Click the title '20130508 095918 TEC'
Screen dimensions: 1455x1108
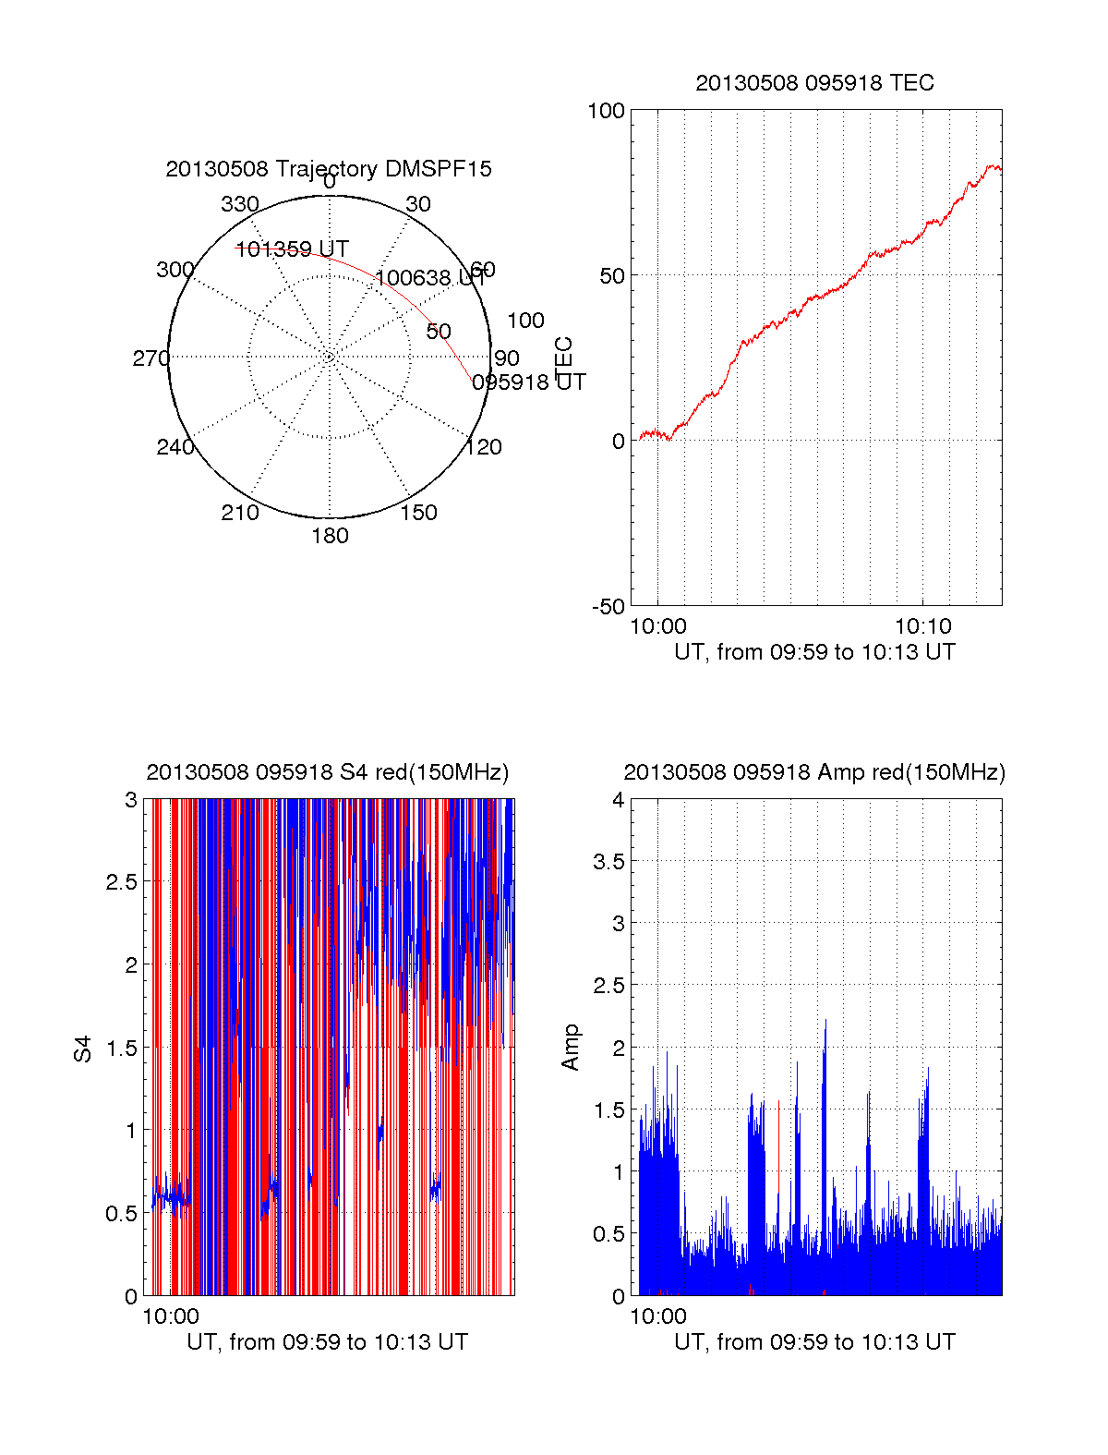click(x=814, y=83)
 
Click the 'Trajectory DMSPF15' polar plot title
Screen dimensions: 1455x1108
click(x=329, y=169)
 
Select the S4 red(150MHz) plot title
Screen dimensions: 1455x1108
click(x=328, y=772)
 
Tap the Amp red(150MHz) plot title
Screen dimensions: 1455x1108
click(x=814, y=772)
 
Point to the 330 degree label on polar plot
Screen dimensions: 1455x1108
click(x=240, y=204)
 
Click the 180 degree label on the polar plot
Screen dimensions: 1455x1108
click(x=330, y=536)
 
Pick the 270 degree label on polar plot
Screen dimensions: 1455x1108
click(x=151, y=358)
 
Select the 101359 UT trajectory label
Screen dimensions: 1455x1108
click(x=292, y=249)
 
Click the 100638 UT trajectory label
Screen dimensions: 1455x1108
click(x=430, y=278)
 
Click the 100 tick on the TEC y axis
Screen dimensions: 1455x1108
click(x=606, y=111)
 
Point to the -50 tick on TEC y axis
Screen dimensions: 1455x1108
click(x=608, y=607)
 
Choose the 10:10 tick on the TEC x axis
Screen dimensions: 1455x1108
click(x=922, y=626)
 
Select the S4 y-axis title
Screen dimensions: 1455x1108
click(x=83, y=1049)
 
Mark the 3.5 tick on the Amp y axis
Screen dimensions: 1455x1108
click(x=608, y=862)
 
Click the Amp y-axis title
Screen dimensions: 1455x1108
click(x=571, y=1048)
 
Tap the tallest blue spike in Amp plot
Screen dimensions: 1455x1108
click(x=825, y=1022)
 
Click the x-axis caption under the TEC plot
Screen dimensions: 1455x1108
click(x=814, y=652)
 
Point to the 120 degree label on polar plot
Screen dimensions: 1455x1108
click(x=484, y=447)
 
